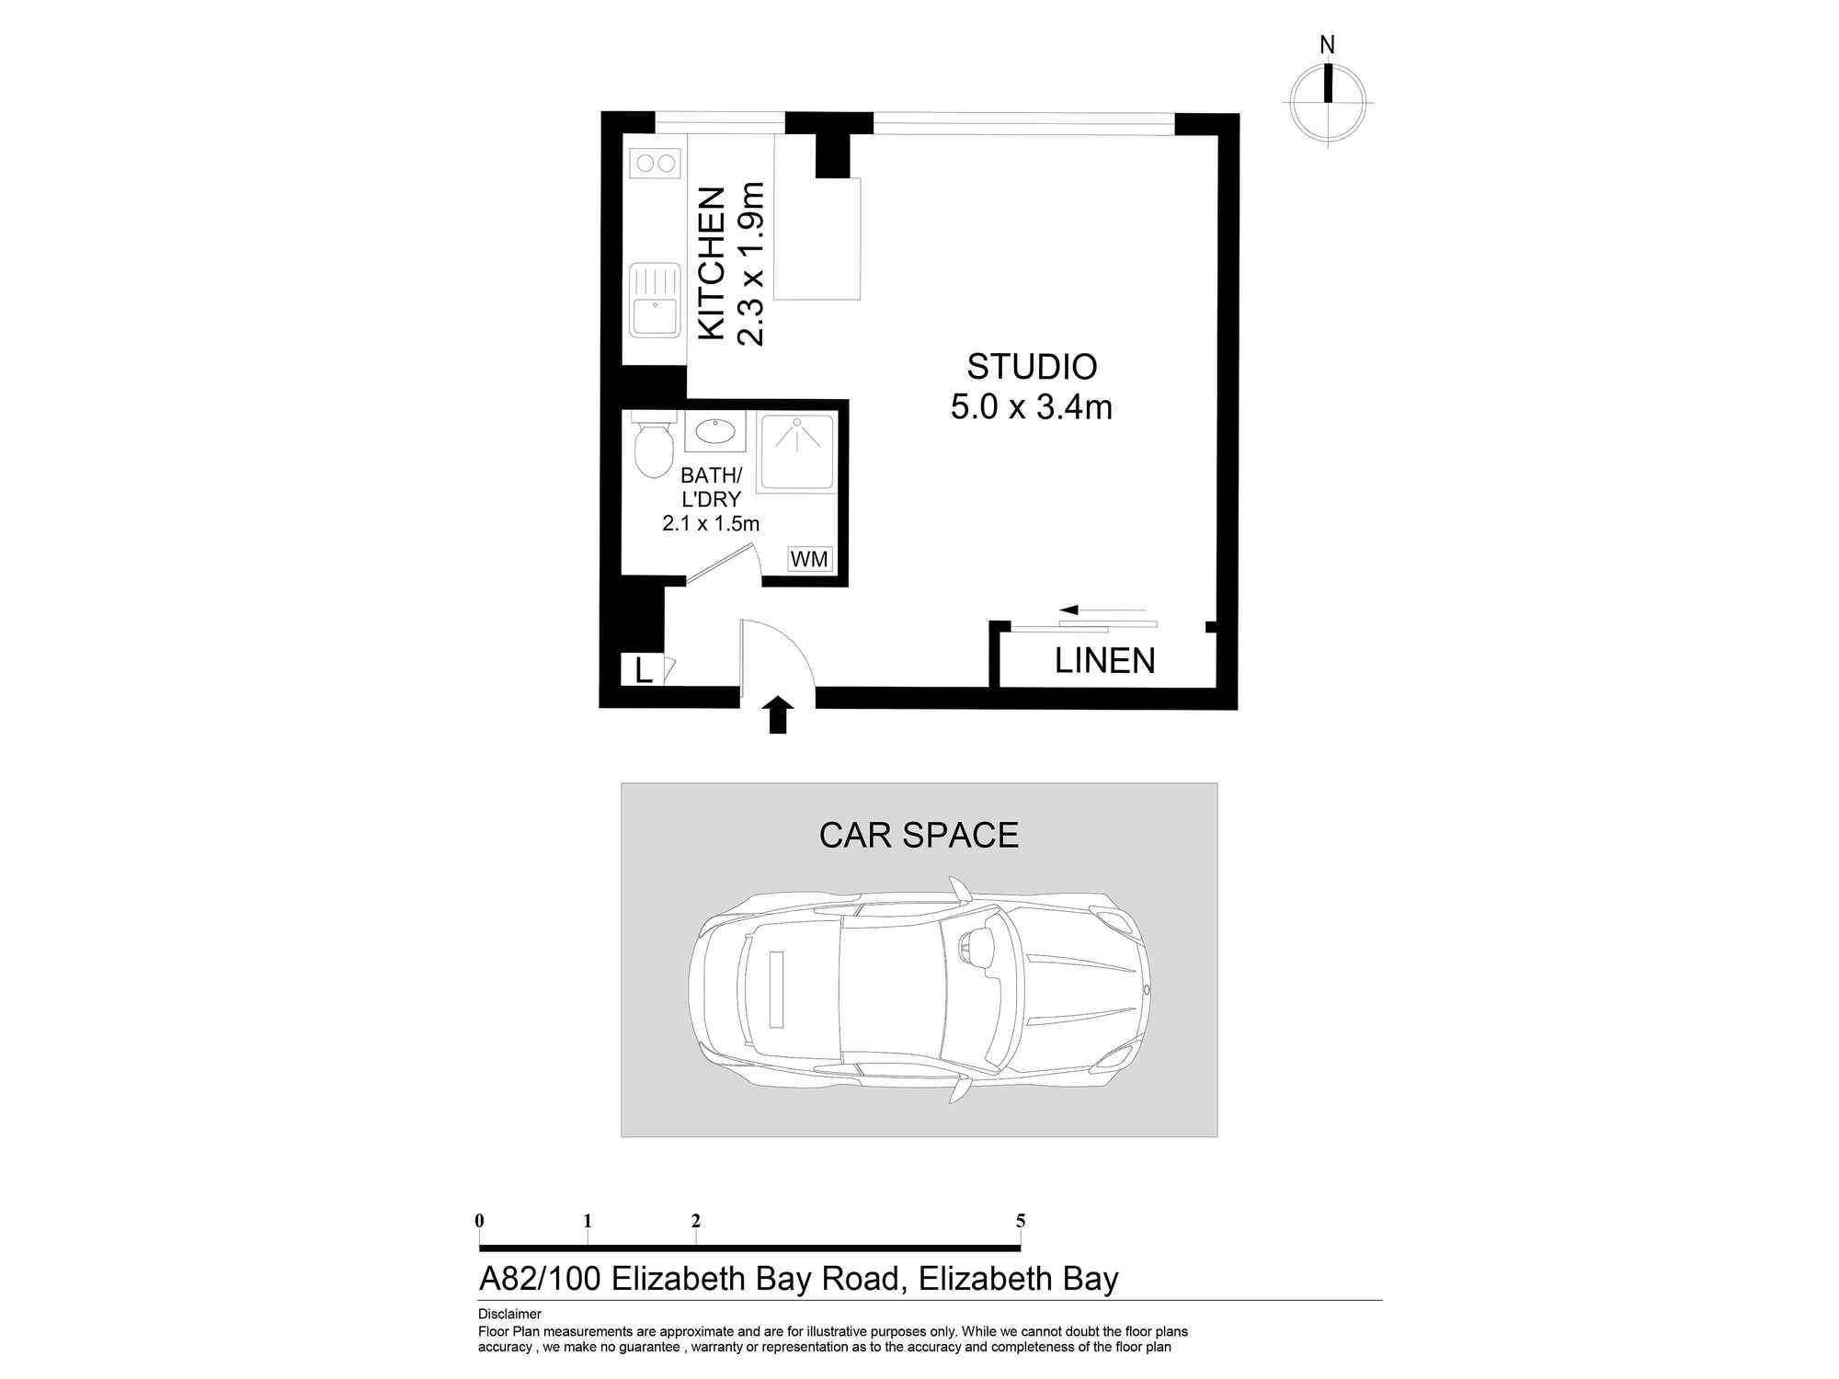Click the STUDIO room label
point(1031,367)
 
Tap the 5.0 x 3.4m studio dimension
point(1031,407)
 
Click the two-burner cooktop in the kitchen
point(655,164)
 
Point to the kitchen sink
point(654,301)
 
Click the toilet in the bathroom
point(654,448)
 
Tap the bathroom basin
point(714,431)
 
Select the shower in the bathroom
point(796,452)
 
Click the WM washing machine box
point(809,559)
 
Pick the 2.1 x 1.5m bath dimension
point(710,524)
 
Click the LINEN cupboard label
point(1104,661)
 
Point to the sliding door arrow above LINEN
point(1102,610)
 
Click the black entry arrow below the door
point(778,714)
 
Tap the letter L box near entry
point(643,670)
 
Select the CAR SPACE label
point(919,835)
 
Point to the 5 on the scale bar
point(1021,1221)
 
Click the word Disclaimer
point(509,1314)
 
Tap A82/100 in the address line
point(540,1279)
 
